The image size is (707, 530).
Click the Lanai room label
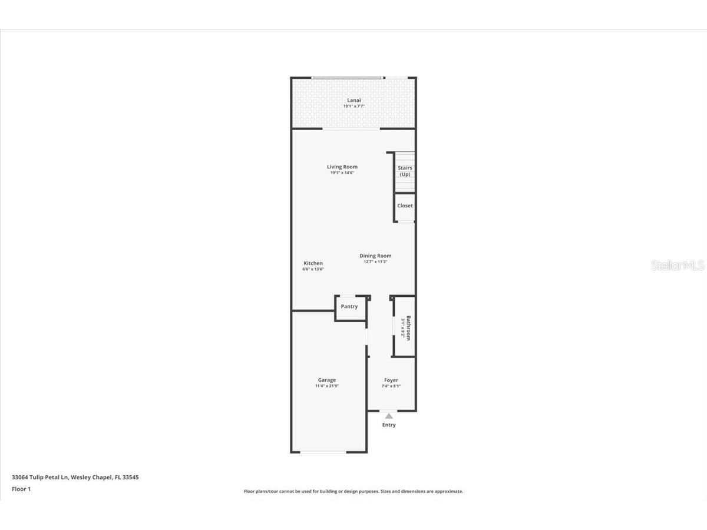click(353, 100)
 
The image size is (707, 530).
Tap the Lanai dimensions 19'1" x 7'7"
click(353, 107)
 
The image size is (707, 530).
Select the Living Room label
click(342, 167)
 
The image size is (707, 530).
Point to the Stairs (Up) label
click(405, 171)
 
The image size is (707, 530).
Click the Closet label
click(405, 206)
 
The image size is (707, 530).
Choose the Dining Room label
click(375, 256)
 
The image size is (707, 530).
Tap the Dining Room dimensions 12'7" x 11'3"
click(375, 262)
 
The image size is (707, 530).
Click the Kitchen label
click(313, 263)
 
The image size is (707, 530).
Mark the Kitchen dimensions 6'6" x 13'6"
click(313, 269)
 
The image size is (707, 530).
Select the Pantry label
click(349, 306)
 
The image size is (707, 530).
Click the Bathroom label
click(408, 327)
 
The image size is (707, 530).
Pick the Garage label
click(327, 380)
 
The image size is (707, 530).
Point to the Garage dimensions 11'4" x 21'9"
click(327, 386)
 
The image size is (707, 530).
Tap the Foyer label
click(391, 380)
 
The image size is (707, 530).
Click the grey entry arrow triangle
click(389, 416)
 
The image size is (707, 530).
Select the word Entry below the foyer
click(389, 425)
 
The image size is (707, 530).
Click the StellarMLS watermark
click(678, 266)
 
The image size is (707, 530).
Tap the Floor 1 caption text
click(21, 489)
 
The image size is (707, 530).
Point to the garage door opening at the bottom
click(323, 452)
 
